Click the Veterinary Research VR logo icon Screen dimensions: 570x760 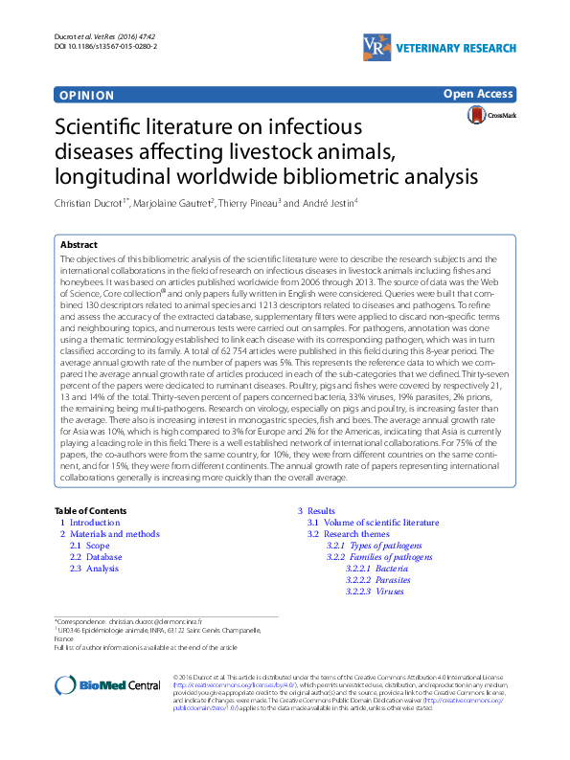tap(375, 44)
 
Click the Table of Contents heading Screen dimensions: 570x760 tap(90, 511)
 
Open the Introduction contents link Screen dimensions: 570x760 tap(95, 524)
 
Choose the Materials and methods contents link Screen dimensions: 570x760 tap(114, 534)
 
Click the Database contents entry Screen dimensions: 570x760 tap(103, 557)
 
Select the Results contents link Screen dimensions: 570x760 tap(321, 511)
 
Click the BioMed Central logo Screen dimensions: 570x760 tap(107, 684)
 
